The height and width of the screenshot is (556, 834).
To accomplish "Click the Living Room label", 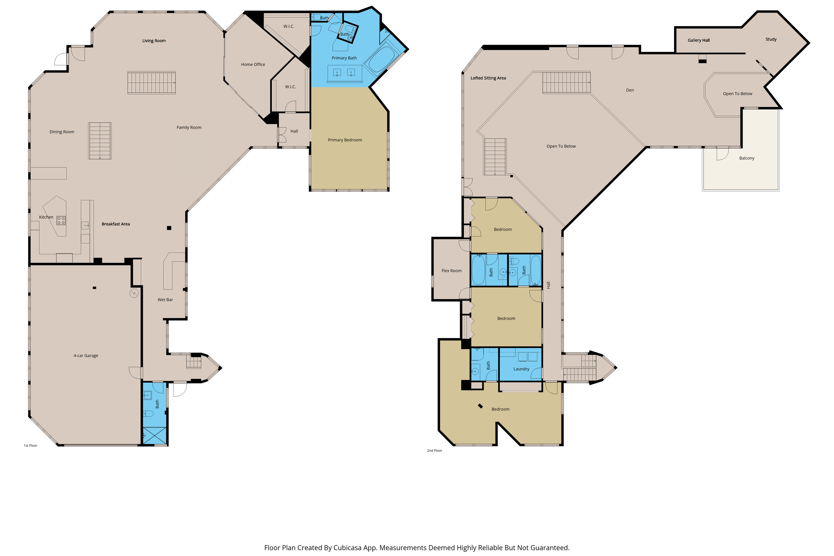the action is [x=154, y=41].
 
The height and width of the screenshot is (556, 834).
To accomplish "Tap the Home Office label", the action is [x=253, y=65].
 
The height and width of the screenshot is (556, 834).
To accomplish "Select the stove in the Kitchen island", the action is [x=61, y=221].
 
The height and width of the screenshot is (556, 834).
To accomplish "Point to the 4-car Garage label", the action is [x=86, y=356].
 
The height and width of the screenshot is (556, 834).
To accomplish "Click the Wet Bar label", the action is [x=165, y=300].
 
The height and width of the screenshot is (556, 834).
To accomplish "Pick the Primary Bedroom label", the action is [x=345, y=140].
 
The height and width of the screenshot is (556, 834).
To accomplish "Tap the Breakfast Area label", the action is [x=116, y=224].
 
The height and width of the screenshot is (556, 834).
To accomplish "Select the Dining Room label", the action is [x=62, y=132].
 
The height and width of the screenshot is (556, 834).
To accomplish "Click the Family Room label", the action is [x=189, y=128].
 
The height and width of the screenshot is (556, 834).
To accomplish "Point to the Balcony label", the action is [x=746, y=158].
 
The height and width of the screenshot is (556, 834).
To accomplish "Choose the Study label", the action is [x=771, y=39].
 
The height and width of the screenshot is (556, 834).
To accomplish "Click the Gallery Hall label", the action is [x=698, y=40].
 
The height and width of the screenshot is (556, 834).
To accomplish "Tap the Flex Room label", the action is [x=451, y=271].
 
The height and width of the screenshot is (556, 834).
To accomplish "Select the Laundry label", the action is [x=521, y=369].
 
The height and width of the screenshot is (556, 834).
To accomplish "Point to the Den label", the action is [x=630, y=90].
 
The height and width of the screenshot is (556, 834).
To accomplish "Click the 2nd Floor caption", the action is [x=434, y=451].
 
